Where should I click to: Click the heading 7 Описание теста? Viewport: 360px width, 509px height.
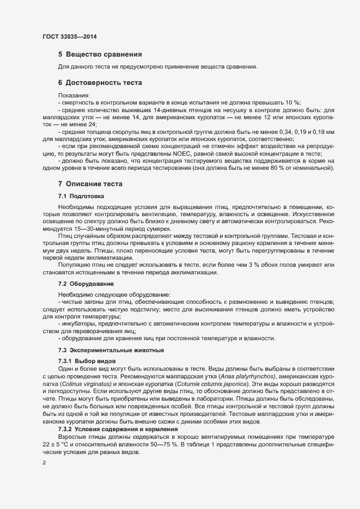90,184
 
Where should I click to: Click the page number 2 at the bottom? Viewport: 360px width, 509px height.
44,463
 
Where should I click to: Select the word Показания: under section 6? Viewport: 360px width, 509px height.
74,95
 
